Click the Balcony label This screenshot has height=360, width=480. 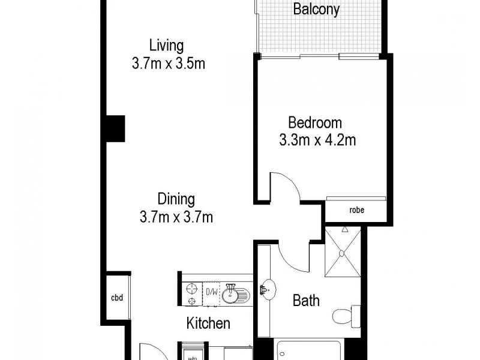(316, 10)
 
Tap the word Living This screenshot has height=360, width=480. (166, 45)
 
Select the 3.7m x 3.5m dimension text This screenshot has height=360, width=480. (169, 64)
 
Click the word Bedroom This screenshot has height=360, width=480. (315, 123)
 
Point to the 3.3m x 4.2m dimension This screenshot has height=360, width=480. (317, 141)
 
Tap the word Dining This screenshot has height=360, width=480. (176, 198)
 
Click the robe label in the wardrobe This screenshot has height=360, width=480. (356, 210)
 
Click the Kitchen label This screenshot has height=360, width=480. (208, 324)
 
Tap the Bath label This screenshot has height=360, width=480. (306, 300)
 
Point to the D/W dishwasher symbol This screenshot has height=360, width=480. (212, 292)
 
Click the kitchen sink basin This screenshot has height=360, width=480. (229, 295)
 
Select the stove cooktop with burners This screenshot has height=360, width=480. (192, 294)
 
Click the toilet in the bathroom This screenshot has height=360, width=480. (348, 313)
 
